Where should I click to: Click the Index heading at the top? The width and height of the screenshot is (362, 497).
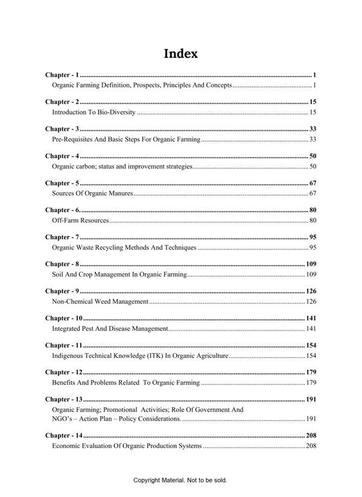[181, 54]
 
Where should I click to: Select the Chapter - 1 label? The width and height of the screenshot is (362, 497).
[62, 75]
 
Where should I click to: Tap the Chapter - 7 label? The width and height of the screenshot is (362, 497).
[62, 237]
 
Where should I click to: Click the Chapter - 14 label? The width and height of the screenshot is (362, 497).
[64, 435]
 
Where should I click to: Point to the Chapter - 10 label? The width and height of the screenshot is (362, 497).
[64, 318]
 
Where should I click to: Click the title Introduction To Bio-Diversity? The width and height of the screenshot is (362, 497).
[94, 113]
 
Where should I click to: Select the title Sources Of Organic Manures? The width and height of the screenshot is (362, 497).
[92, 193]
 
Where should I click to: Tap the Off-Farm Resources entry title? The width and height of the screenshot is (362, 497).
[80, 220]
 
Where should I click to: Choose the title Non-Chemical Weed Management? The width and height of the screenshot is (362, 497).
[100, 301]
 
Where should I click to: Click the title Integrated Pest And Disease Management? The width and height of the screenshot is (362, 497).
[110, 329]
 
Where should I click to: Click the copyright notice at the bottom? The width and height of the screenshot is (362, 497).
[180, 481]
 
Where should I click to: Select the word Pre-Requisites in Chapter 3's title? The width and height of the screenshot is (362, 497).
[72, 140]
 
